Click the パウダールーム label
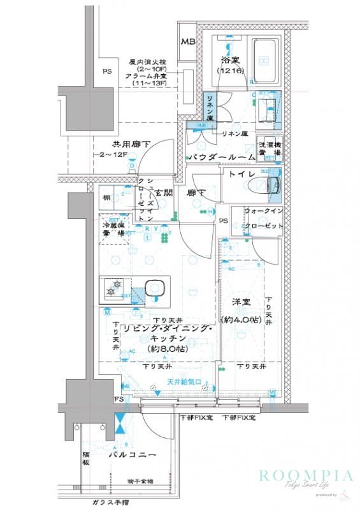[x=220, y=157]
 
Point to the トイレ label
[x=238, y=174]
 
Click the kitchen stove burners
[x=115, y=289]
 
